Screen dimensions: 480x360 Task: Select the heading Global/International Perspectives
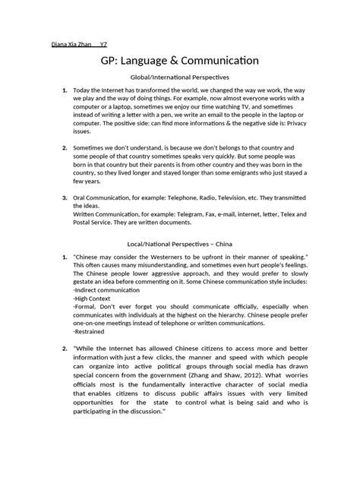(179, 78)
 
